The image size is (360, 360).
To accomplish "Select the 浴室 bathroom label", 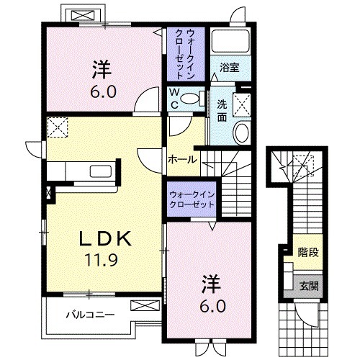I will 230,68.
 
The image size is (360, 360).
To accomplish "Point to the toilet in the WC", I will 190,99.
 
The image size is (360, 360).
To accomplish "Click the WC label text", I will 175,98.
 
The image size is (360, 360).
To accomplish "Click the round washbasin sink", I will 241,132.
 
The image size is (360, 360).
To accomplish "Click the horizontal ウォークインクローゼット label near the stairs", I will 192,199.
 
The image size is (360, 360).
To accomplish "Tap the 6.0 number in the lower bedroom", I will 213,306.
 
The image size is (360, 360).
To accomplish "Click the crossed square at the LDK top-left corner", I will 56,128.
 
